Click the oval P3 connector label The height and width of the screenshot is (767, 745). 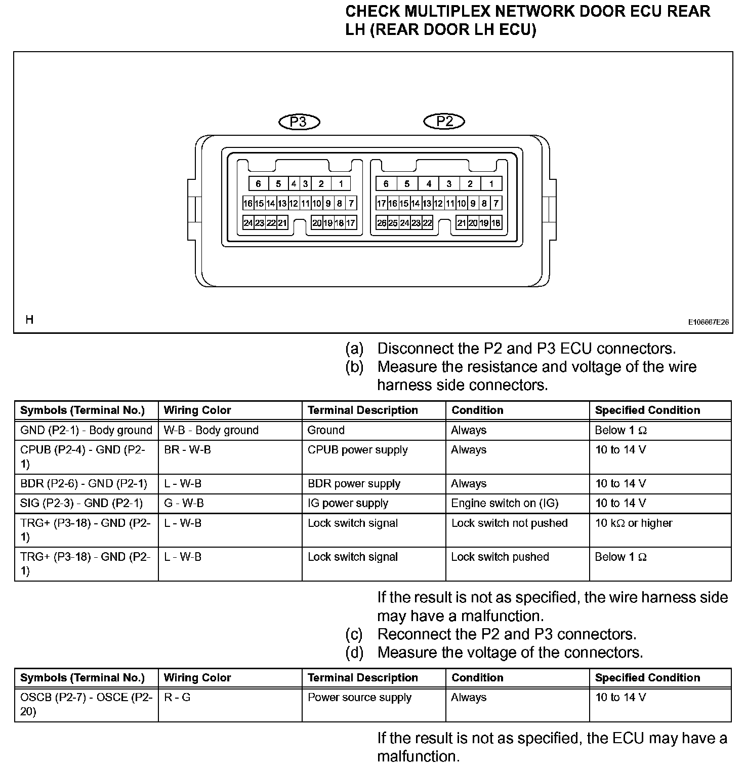299,122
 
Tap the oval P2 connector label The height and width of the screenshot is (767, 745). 444,121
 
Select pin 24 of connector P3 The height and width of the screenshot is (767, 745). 248,223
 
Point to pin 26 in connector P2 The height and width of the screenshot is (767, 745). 382,223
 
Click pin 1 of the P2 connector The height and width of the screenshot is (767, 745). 491,184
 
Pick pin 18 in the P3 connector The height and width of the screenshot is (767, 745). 340,223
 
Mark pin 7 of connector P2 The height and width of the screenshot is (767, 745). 496,204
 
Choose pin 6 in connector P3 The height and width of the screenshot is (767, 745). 258,184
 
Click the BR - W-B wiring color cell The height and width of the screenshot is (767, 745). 187,450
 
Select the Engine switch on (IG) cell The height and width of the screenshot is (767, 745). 505,503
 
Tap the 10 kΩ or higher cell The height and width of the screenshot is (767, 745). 634,523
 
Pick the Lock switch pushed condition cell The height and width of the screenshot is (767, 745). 500,557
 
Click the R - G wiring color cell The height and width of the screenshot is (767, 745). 177,697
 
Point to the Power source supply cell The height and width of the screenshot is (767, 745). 359,697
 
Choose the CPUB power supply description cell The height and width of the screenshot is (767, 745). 357,450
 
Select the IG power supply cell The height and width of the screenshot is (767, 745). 348,503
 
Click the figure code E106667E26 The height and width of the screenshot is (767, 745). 708,322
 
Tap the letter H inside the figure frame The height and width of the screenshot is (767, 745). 29,320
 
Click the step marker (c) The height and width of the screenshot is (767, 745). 354,634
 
